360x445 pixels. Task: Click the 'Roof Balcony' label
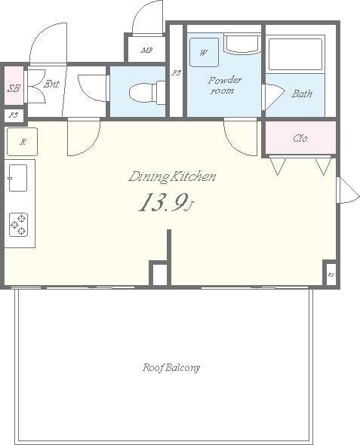(x=171, y=368)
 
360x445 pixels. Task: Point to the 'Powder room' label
(x=225, y=84)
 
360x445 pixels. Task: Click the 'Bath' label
(x=302, y=94)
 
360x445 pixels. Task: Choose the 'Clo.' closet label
(x=300, y=138)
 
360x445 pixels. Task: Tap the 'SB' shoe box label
(x=14, y=87)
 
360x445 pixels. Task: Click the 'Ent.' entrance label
(x=51, y=84)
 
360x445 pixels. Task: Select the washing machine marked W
(x=204, y=53)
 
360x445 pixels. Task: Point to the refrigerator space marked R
(x=22, y=142)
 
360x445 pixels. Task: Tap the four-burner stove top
(x=18, y=224)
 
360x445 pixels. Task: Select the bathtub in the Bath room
(x=295, y=54)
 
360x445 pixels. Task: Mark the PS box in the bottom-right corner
(x=330, y=274)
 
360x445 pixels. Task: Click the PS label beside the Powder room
(x=176, y=72)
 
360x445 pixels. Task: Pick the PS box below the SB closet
(x=13, y=116)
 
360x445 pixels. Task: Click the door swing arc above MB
(x=149, y=17)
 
